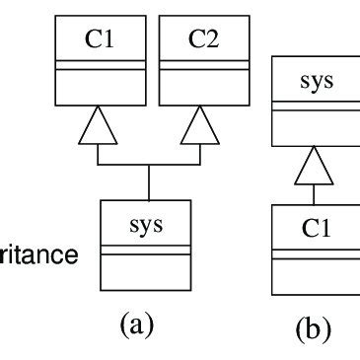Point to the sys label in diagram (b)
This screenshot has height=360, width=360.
319,80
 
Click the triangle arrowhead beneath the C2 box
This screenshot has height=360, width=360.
200,126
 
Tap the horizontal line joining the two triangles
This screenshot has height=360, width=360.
148,165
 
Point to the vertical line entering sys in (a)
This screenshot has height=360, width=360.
148,181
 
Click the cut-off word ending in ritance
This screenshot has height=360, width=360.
39,255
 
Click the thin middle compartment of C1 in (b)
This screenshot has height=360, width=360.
319,255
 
